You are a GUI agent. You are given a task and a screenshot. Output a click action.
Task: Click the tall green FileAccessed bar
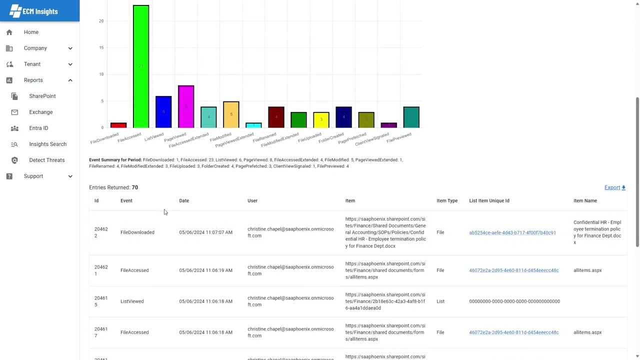coord(141,66)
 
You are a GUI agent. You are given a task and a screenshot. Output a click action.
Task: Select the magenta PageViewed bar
coord(186,106)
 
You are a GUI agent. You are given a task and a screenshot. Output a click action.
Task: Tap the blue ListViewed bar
coord(163,111)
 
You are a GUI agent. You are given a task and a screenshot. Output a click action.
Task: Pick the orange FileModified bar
coord(231,114)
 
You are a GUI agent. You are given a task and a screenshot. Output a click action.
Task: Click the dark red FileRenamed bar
coord(276,117)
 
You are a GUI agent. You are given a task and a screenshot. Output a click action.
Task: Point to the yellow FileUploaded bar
coord(321,120)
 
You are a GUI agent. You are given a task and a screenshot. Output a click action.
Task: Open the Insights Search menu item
coord(47,144)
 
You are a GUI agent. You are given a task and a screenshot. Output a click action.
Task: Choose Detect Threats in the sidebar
coord(46,160)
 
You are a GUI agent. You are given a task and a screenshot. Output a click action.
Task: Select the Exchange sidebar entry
coord(40,112)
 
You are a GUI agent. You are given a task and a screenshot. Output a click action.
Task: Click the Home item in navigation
coord(31,32)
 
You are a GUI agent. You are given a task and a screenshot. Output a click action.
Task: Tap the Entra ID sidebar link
coord(38,128)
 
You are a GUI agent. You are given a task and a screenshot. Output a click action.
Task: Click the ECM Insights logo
coord(34,11)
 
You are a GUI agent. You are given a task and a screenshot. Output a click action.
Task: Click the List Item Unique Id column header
coord(489,200)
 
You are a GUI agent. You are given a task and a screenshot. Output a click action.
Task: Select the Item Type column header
coord(446,200)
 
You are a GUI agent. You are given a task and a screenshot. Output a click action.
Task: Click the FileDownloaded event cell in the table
coord(137,232)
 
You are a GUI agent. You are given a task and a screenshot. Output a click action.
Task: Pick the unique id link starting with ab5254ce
coord(512,232)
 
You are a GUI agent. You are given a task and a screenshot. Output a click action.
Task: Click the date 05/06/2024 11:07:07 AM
coord(205,232)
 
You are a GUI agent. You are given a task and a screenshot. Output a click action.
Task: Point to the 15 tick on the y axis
coord(101,47)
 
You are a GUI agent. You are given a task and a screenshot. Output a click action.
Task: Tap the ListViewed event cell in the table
coord(132,301)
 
